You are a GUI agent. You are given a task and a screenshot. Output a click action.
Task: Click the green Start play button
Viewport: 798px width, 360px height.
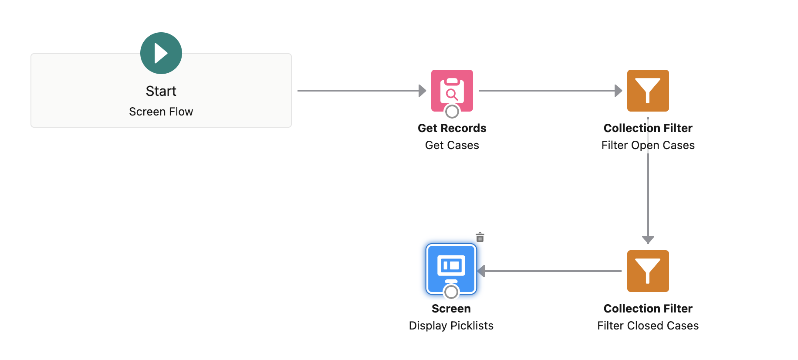[161, 53]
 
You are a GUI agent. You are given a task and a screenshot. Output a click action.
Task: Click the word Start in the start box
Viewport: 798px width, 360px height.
[161, 91]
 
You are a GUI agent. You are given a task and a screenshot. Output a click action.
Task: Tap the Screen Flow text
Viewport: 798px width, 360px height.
[161, 112]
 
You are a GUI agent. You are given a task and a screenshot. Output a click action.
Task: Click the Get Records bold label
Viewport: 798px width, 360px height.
[452, 128]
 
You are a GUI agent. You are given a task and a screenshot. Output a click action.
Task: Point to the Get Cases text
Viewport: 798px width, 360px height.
[452, 145]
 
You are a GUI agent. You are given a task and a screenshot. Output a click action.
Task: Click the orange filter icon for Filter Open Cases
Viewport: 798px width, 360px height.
[648, 91]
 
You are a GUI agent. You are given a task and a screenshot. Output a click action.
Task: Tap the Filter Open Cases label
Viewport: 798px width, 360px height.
[648, 145]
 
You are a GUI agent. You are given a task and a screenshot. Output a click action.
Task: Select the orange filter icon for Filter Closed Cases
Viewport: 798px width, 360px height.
[648, 271]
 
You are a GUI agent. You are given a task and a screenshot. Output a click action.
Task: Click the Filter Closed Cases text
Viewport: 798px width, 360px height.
[648, 326]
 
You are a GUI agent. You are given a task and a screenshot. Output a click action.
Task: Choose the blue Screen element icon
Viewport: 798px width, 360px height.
[451, 267]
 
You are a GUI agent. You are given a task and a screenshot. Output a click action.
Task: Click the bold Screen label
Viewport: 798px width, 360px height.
[451, 309]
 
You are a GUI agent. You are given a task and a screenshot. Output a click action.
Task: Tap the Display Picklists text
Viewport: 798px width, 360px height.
[451, 326]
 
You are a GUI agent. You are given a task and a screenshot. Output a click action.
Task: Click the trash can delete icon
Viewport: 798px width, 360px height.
[480, 238]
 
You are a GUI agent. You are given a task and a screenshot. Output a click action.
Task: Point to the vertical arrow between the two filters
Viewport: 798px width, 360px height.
[648, 196]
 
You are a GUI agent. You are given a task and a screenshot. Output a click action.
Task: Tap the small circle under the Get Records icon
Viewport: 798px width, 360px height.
[452, 112]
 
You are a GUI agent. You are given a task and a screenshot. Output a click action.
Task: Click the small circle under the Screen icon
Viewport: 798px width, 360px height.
[451, 292]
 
